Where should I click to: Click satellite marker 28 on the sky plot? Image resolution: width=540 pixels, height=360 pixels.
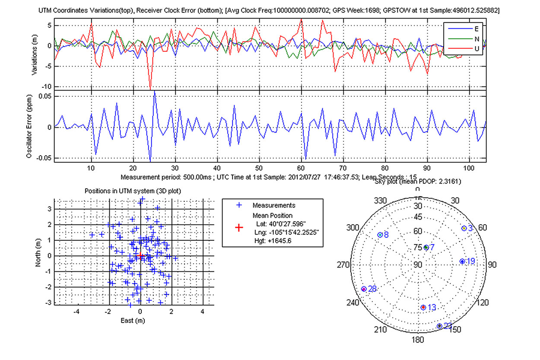click(x=364, y=289)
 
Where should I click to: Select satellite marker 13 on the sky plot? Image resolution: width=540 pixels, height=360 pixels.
click(x=423, y=307)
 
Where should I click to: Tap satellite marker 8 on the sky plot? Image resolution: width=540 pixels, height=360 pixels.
click(x=380, y=235)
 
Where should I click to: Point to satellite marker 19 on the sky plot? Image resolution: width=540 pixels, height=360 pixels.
click(x=462, y=261)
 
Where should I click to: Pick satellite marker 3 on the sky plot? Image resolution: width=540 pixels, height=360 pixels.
click(x=464, y=228)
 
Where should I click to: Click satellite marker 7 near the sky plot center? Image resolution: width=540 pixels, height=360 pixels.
click(x=426, y=247)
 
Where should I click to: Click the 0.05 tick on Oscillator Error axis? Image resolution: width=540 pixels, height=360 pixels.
click(x=45, y=96)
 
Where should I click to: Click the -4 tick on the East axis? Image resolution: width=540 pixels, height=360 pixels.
click(x=77, y=311)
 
